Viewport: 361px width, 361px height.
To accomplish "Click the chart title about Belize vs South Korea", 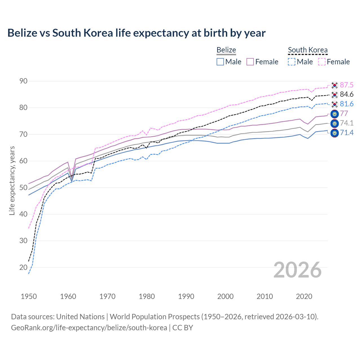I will pyautogui.click(x=137, y=33).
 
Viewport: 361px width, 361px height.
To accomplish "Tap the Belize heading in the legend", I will pyautogui.click(x=226, y=50).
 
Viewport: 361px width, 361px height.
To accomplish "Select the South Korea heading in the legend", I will pyautogui.click(x=308, y=50).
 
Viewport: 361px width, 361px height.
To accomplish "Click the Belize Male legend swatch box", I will pyautogui.click(x=220, y=62).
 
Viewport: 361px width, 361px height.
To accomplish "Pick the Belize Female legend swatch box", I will pyautogui.click(x=250, y=62).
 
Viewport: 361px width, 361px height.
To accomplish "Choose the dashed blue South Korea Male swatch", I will pyautogui.click(x=292, y=62).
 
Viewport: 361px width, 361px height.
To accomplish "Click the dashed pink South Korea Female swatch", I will pyautogui.click(x=322, y=62).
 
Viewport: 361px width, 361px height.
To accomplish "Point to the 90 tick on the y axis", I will pyautogui.click(x=23, y=81).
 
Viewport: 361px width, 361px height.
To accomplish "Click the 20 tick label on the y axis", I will pyautogui.click(x=23, y=267).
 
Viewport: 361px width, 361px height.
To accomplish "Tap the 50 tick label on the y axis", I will pyautogui.click(x=23, y=188).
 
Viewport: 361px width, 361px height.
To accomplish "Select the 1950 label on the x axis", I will pyautogui.click(x=29, y=296).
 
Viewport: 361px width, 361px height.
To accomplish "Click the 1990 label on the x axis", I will pyautogui.click(x=186, y=296).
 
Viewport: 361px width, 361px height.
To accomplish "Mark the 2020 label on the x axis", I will pyautogui.click(x=304, y=296).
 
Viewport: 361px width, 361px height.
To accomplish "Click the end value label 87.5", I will pyautogui.click(x=347, y=85).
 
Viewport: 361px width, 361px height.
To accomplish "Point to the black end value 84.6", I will pyautogui.click(x=347, y=94).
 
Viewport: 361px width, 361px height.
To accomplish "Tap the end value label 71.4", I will pyautogui.click(x=347, y=133).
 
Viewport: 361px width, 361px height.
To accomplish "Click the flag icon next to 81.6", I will pyautogui.click(x=334, y=104).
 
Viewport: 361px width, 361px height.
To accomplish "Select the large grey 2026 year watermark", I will pyautogui.click(x=298, y=270).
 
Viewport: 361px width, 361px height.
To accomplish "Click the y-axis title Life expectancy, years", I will pyautogui.click(x=12, y=180).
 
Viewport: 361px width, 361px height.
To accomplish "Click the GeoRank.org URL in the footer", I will pyautogui.click(x=89, y=328).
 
